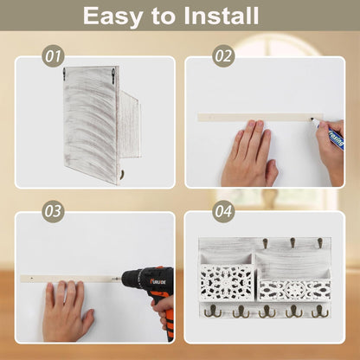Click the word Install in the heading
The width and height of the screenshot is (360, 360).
pos(221,16)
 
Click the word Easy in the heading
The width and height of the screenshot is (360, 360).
pos(112,17)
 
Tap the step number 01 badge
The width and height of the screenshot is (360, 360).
pos(53,56)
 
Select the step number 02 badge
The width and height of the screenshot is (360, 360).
pos(223,56)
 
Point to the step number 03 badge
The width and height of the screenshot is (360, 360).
pos(53,211)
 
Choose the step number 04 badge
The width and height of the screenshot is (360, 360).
pos(223,211)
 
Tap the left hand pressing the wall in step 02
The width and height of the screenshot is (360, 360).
pos(249,154)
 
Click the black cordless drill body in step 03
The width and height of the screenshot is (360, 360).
pos(145,280)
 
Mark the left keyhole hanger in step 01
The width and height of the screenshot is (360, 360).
pos(65,74)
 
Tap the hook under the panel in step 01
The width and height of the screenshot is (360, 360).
pos(122,174)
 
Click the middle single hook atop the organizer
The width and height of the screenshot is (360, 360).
pos(292,243)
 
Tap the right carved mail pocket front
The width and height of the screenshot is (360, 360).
pos(294,290)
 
